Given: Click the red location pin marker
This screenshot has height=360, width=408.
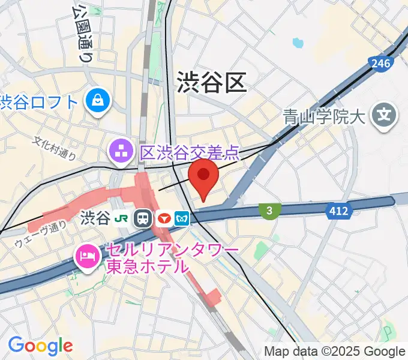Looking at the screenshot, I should click(x=204, y=176).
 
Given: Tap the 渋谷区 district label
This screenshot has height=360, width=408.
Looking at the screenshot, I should click(x=212, y=82).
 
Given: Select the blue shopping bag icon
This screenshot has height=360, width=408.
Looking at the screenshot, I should click(x=97, y=101).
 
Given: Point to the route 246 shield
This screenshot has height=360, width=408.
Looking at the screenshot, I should click(x=382, y=63).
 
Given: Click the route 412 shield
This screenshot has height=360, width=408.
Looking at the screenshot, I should click(x=338, y=210).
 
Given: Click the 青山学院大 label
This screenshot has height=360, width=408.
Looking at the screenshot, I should click(x=325, y=115).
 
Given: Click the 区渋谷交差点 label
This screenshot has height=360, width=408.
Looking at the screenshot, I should click(x=189, y=152).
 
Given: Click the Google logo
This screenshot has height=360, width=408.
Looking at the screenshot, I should click(x=40, y=345).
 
